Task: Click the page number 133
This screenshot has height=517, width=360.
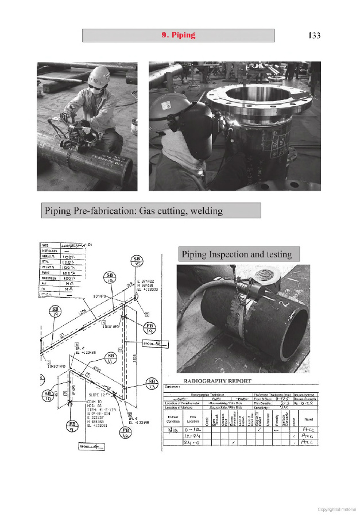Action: click(x=313, y=36)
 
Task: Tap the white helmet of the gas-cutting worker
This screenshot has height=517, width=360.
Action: click(x=99, y=75)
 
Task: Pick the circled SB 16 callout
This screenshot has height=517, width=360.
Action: click(x=110, y=279)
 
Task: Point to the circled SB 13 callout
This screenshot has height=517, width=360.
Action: click(x=152, y=383)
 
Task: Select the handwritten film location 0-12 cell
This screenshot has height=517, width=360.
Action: click(x=193, y=428)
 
